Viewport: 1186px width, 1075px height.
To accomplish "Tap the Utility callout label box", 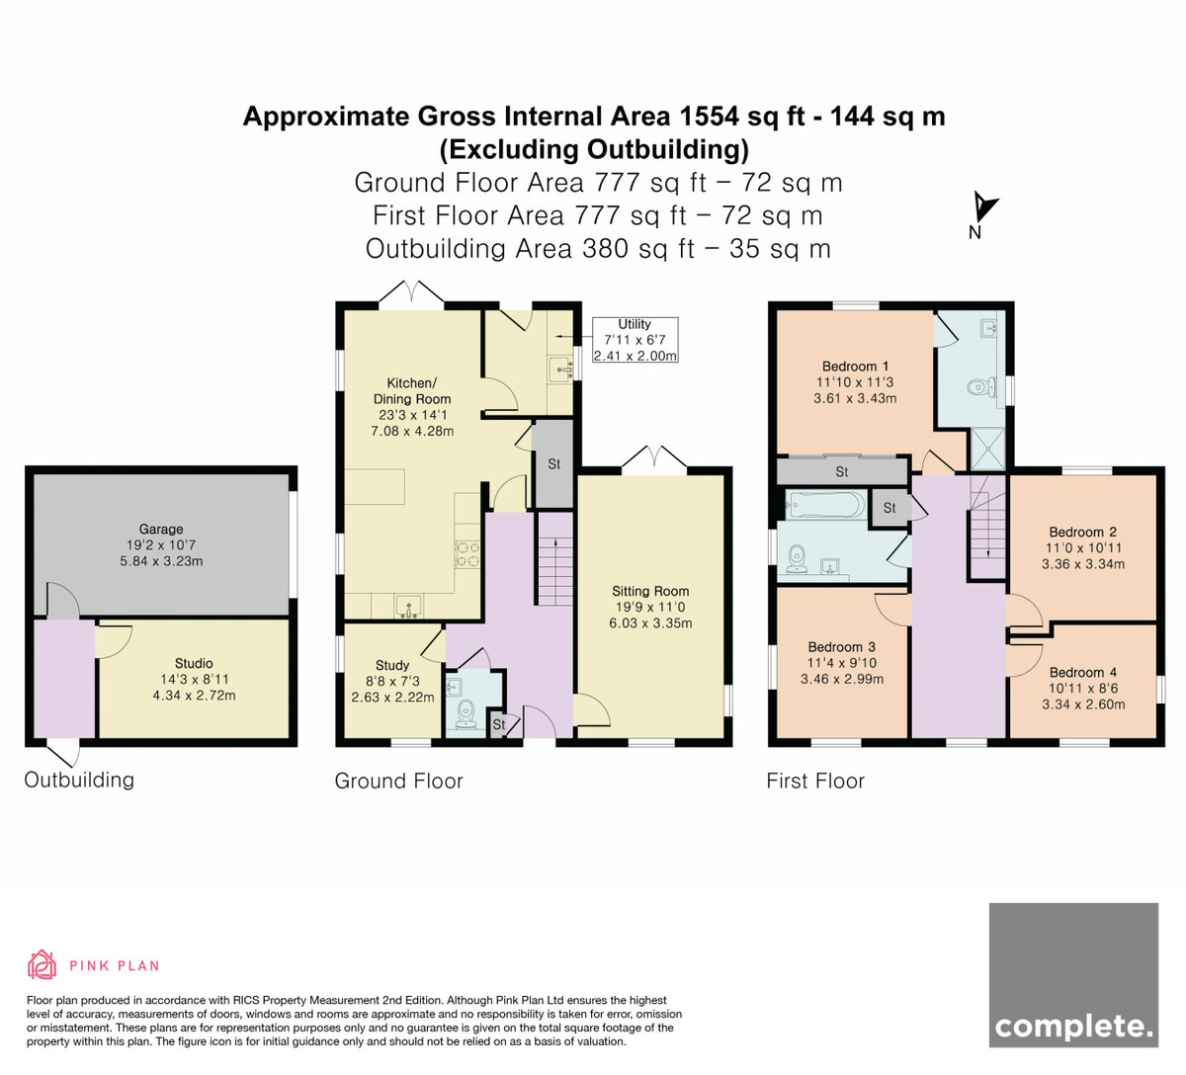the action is coord(635,340).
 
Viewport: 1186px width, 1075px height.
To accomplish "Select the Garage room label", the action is coord(161,530).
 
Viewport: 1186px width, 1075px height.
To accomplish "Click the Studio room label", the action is coord(194,663).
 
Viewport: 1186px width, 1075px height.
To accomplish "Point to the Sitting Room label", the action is coord(650,591).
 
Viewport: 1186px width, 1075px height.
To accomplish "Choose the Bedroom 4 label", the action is coord(1083,672).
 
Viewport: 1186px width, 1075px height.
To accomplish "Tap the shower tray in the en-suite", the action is coord(987,449).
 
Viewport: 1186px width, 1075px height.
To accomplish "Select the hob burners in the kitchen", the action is coord(467,554).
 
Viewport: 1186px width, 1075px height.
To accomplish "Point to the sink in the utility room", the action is coord(560,369).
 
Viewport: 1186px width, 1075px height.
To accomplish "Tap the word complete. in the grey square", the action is coord(1073,1027).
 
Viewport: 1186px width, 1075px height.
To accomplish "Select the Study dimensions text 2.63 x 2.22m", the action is coord(392,698).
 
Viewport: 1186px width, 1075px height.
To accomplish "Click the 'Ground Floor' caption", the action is coord(398,782).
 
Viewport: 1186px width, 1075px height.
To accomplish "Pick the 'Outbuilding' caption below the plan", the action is coord(79,780).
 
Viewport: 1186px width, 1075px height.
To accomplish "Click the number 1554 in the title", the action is coord(709,117).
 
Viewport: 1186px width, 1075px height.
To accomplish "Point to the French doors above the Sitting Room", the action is coord(654,458).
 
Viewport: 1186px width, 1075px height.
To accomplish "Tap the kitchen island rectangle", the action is coord(375,487).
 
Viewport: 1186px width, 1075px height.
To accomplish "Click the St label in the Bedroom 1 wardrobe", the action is coord(842,472).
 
